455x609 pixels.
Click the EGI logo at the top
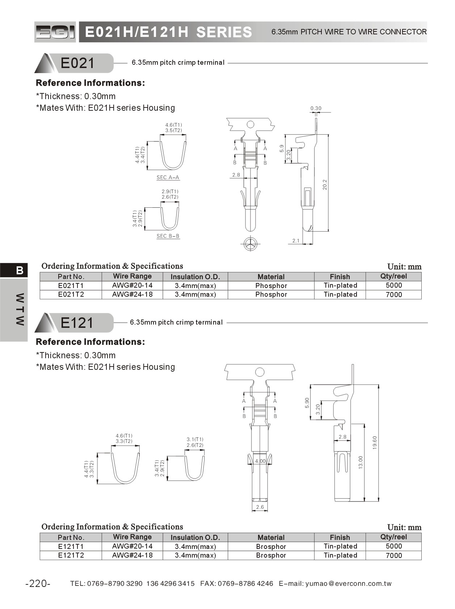click(x=55, y=32)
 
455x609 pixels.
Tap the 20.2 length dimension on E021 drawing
click(x=325, y=185)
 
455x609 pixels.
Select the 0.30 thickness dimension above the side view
click(x=316, y=108)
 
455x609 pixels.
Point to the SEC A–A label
click(x=168, y=177)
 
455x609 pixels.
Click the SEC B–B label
click(x=168, y=236)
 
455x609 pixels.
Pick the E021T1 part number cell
click(x=71, y=286)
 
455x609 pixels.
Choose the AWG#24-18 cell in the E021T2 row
click(x=132, y=294)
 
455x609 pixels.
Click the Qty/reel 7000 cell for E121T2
click(x=394, y=555)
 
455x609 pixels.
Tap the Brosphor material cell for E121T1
click(x=271, y=546)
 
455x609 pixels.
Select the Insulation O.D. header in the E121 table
click(x=195, y=537)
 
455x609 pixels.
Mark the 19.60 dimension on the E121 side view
click(x=375, y=443)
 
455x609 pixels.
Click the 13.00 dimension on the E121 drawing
click(x=361, y=462)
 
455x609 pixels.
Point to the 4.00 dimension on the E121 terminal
click(x=260, y=461)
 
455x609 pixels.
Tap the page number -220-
click(x=38, y=583)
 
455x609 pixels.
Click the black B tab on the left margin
click(x=20, y=270)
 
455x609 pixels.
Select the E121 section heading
click(x=77, y=322)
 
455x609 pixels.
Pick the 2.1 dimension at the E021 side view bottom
click(x=296, y=241)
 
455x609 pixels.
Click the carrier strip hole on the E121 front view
click(x=260, y=372)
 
